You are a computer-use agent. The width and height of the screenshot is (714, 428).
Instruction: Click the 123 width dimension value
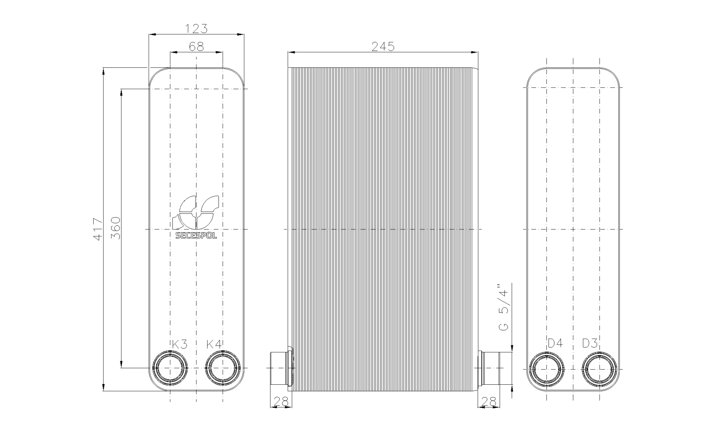pos(196,29)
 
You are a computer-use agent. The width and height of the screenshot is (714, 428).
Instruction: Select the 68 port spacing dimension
pos(196,47)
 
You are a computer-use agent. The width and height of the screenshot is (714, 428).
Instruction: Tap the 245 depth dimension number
pos(383,47)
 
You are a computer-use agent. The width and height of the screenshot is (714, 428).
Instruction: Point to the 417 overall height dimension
pos(97,229)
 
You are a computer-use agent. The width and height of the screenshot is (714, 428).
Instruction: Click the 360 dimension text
pos(115,228)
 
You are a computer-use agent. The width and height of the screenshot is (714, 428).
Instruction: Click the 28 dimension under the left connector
pos(281,402)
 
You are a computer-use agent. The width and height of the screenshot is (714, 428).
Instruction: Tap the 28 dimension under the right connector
pos(489,402)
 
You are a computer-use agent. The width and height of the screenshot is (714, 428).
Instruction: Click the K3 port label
pos(179,344)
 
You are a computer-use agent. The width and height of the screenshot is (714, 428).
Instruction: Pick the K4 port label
pos(214,344)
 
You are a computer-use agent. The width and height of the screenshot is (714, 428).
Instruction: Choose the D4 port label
pos(555,343)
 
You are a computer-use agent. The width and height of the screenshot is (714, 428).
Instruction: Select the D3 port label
pos(590,343)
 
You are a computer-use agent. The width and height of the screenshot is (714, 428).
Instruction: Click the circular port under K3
pos(170,368)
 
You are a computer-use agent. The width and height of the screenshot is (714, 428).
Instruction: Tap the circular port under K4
pos(223,368)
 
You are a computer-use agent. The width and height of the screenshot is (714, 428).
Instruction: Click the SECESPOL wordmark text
pos(196,236)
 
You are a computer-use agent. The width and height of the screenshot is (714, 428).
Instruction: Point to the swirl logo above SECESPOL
pos(196,212)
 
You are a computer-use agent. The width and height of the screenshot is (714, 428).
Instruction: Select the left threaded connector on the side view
pos(280,368)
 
